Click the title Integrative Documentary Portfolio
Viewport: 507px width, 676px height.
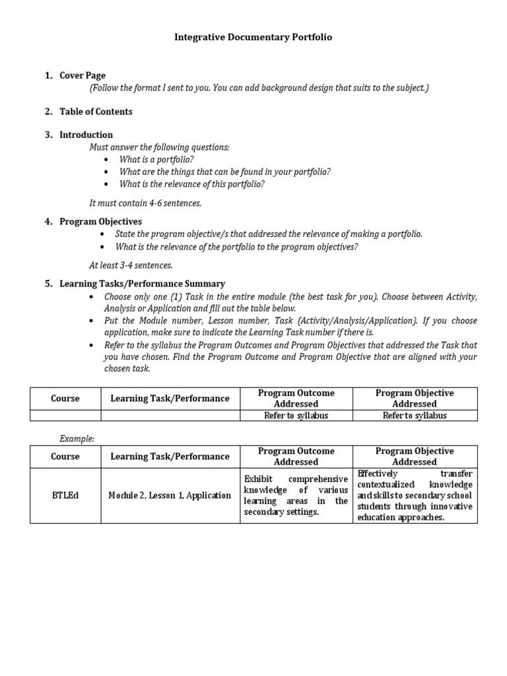(x=253, y=38)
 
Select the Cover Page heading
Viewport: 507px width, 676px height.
(x=83, y=76)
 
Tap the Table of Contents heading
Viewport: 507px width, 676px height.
(x=96, y=112)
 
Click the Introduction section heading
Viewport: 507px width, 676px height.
(x=86, y=135)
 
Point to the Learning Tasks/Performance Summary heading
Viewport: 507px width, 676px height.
(x=142, y=284)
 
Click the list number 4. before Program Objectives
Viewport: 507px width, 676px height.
(x=49, y=222)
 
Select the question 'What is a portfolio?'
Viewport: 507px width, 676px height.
(x=156, y=160)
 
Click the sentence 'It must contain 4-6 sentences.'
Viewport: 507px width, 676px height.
(x=145, y=203)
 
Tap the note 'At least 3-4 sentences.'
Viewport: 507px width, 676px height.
(x=131, y=265)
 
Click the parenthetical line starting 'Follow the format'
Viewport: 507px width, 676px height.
(x=259, y=88)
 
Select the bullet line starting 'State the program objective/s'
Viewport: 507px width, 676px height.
(x=268, y=234)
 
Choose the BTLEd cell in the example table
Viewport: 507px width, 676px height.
(x=65, y=496)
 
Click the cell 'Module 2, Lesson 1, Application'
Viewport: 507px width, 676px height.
(x=170, y=496)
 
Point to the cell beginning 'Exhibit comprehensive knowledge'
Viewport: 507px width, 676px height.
(x=296, y=495)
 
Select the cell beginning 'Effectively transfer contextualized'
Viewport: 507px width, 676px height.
(x=415, y=496)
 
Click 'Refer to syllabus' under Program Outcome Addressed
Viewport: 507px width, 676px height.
(x=296, y=416)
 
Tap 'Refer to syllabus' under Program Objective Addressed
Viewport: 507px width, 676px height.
(x=415, y=416)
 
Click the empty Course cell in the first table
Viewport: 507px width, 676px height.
(x=65, y=416)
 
